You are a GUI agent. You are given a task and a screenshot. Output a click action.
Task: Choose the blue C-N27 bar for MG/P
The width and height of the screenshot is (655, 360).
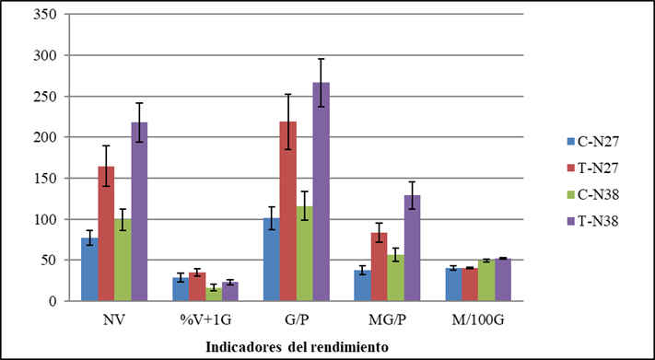(x=362, y=285)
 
